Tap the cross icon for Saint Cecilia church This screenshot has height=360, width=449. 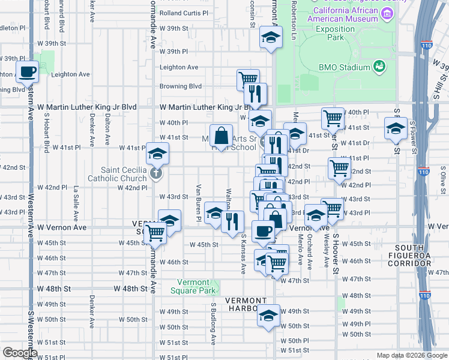(155, 174)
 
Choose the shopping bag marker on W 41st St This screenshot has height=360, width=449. (221, 136)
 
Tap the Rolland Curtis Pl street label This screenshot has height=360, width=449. (184, 13)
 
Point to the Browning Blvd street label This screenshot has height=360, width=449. (180, 86)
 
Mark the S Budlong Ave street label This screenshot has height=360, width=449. (213, 324)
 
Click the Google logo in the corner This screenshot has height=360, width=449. (20, 353)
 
